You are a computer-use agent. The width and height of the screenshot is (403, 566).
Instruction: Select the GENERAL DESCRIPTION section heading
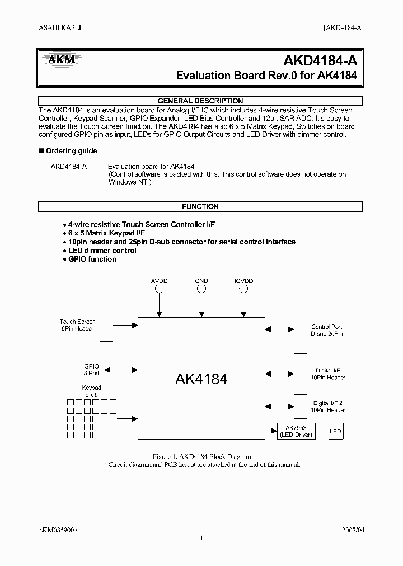[x=200, y=101]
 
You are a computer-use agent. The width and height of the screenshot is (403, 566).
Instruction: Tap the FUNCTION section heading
[x=200, y=206]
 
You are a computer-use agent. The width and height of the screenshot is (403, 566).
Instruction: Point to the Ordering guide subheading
[x=71, y=151]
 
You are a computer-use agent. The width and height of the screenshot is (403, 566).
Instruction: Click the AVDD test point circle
[x=160, y=289]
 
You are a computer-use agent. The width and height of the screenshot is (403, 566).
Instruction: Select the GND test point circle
[x=201, y=289]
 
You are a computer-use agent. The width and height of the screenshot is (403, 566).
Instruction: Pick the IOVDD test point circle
[x=243, y=289]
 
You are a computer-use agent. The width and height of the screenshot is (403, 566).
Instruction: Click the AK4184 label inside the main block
[x=201, y=379]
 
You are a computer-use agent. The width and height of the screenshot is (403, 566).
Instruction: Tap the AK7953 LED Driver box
[x=297, y=431]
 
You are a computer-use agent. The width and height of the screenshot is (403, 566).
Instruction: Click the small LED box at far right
[x=335, y=431]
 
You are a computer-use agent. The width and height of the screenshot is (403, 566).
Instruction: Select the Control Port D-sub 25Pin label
[x=327, y=330]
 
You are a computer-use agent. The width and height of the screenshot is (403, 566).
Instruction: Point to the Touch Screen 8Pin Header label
[x=77, y=325]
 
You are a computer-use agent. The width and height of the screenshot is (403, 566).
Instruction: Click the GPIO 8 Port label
[x=91, y=370]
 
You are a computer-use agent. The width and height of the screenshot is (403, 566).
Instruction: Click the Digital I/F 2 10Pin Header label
[x=329, y=407]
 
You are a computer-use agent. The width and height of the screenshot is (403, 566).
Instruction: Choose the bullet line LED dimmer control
[x=102, y=251]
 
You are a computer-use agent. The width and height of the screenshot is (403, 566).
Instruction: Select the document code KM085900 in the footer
[x=58, y=529]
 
